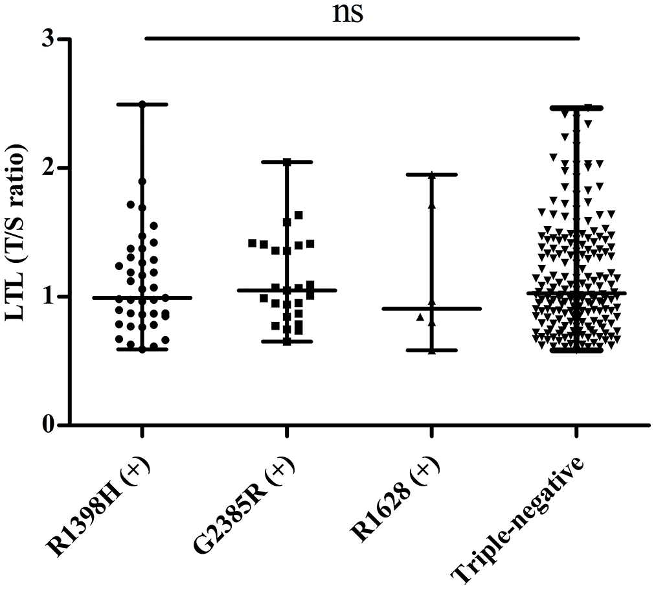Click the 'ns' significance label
pyautogui.click(x=348, y=14)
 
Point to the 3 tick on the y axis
pyautogui.click(x=46, y=40)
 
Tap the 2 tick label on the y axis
pyautogui.click(x=46, y=168)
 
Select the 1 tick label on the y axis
pyautogui.click(x=46, y=297)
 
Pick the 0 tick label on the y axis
pyautogui.click(x=46, y=425)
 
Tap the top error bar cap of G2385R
pyautogui.click(x=287, y=161)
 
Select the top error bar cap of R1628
pyautogui.click(x=432, y=175)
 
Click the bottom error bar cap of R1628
pyautogui.click(x=432, y=350)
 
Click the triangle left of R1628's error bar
pyautogui.click(x=420, y=317)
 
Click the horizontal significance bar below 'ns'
pyautogui.click(x=361, y=38)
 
